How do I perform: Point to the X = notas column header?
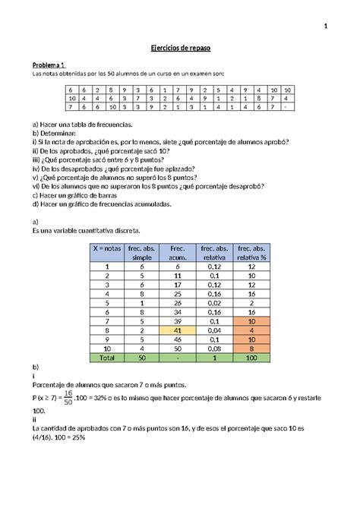click(108, 252)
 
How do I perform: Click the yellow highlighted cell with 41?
click(177, 331)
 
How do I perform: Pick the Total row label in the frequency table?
click(108, 356)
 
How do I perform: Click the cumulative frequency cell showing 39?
click(177, 322)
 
